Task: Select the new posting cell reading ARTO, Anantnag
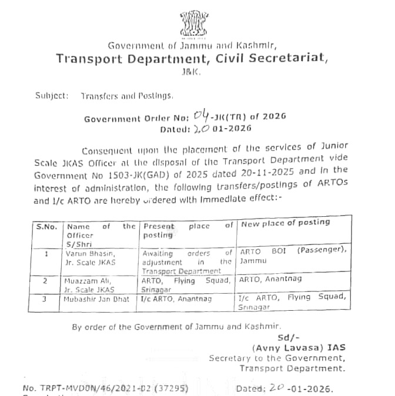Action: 263,281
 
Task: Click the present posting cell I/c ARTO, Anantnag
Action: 175,299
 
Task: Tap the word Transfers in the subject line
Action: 100,95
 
